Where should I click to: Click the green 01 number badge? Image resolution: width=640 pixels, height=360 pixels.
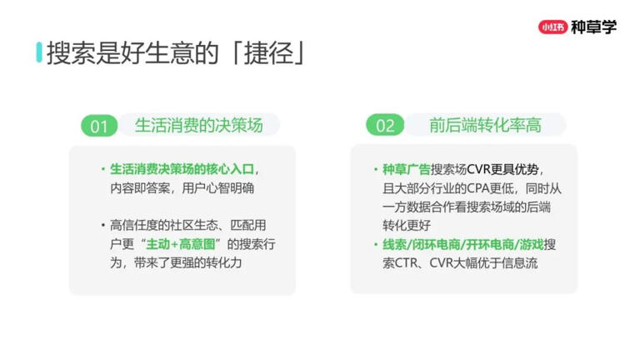click(100, 126)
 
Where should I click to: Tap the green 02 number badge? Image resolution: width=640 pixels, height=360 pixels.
click(384, 126)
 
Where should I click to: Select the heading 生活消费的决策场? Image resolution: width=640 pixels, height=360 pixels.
click(198, 125)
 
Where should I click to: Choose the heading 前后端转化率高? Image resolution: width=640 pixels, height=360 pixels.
click(485, 125)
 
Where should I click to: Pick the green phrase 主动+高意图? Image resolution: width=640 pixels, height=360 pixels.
click(182, 243)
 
